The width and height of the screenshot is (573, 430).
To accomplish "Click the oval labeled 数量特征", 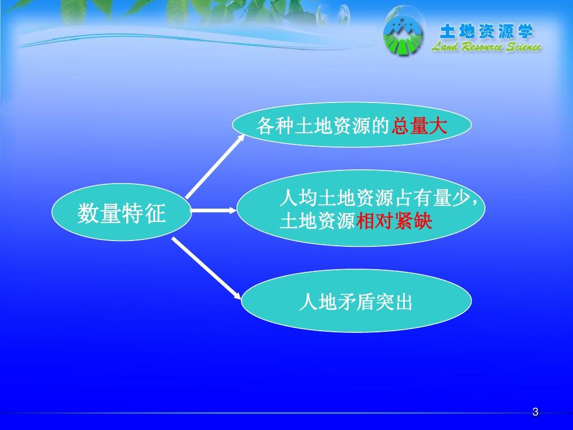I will click(x=121, y=213).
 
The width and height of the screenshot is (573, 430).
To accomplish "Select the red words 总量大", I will click(x=419, y=126).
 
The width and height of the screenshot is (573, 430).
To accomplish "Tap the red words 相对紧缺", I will click(x=394, y=221).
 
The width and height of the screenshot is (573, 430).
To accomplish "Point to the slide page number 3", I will click(x=535, y=412).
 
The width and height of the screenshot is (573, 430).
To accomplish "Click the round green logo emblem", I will click(x=404, y=37).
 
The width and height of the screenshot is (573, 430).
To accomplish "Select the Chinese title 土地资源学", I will click(x=486, y=32).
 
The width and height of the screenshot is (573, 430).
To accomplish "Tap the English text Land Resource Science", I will click(x=486, y=47).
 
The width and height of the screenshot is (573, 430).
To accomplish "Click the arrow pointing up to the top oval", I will click(x=215, y=166).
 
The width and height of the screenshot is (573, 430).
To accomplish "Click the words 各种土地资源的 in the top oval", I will click(x=323, y=126).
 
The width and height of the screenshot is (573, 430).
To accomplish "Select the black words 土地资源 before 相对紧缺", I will click(x=317, y=221).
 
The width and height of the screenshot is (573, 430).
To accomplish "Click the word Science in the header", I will click(x=523, y=47).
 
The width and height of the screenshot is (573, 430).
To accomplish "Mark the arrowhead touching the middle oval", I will click(x=232, y=211).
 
